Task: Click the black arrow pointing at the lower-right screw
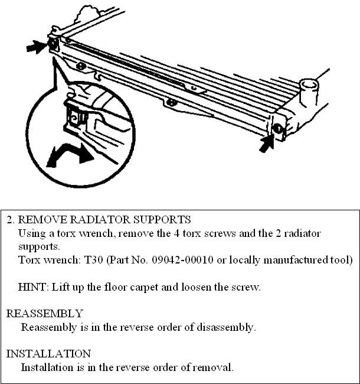267,142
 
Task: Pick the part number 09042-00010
173,260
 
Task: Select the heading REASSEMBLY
44,313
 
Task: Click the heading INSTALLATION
48,353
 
